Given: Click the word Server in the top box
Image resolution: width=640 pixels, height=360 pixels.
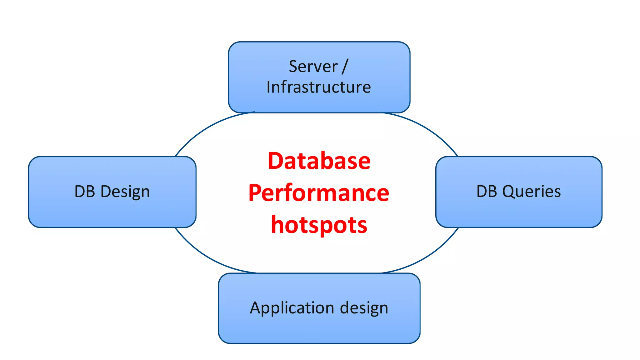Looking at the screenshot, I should click(313, 67).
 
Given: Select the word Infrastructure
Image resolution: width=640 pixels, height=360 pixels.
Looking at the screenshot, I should click(318, 87).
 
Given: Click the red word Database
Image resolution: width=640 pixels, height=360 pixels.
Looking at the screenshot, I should click(319, 161).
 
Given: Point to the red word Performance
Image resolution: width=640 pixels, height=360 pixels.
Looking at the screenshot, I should click(319, 193).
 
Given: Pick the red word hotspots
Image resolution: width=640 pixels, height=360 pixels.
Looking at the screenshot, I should click(319, 225).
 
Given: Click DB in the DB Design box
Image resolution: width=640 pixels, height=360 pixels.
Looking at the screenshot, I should click(84, 191).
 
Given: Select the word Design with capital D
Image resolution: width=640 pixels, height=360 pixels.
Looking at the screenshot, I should click(125, 192).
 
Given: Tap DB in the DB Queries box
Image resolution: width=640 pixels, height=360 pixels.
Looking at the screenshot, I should click(487, 191).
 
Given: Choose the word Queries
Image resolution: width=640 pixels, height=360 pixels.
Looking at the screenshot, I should click(531, 192).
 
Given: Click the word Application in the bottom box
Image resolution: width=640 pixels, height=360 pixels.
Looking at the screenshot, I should click(292, 308).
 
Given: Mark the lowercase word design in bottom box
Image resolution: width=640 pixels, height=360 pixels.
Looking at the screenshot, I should click(364, 308).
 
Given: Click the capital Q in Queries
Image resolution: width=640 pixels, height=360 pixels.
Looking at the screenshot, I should click(508, 192).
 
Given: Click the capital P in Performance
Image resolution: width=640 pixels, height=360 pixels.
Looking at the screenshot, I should click(255, 193).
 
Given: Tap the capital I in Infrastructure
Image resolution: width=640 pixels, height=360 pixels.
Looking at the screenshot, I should click(269, 87).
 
